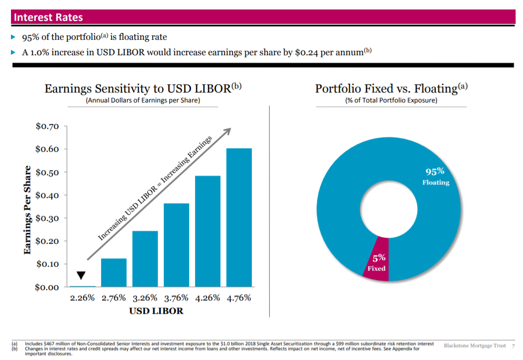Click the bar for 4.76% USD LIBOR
tap(239, 217)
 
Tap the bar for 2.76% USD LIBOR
tap(113, 272)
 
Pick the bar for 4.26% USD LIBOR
tap(208, 231)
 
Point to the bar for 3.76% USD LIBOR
tap(176, 245)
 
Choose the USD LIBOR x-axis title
tap(157, 311)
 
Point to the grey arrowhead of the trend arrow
tap(227, 131)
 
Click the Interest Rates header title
tap(48, 17)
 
